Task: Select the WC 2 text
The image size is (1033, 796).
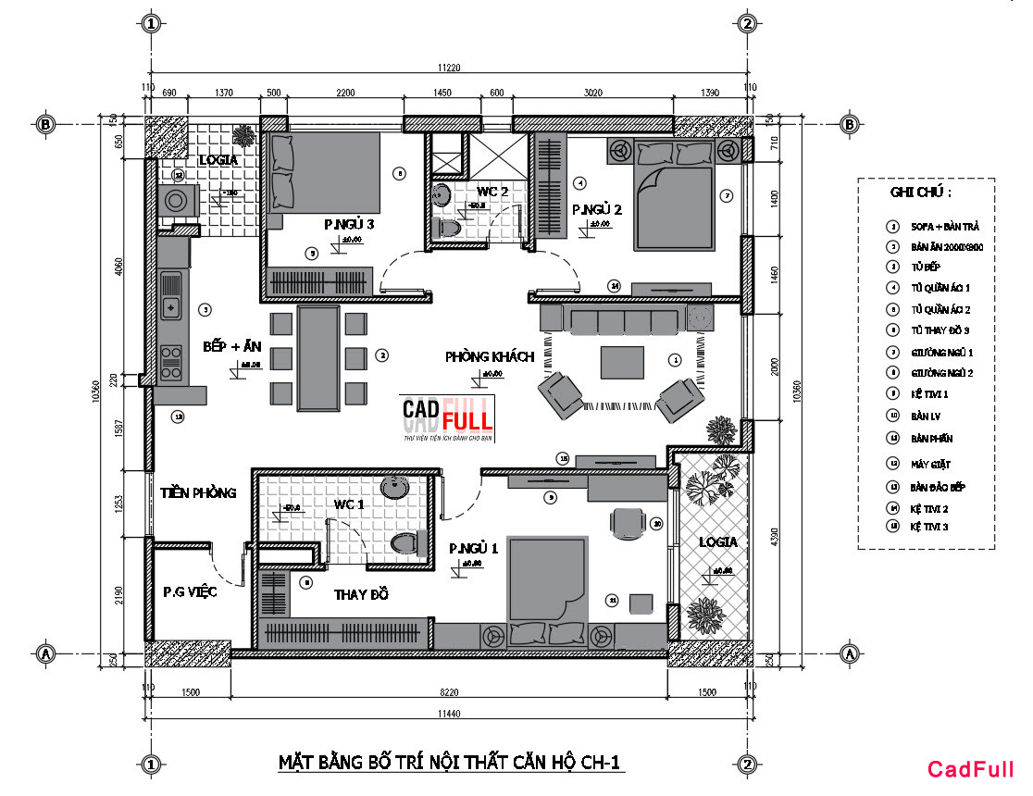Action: click(x=493, y=191)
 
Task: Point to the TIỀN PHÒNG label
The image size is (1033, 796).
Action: click(x=197, y=492)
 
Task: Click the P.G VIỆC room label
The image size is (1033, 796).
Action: click(x=190, y=591)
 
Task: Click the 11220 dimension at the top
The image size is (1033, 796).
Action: click(x=451, y=66)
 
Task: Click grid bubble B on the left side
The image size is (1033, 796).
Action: click(x=44, y=123)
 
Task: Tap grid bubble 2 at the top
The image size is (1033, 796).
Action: click(x=748, y=23)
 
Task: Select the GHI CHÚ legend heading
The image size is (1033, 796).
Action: click(x=920, y=193)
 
